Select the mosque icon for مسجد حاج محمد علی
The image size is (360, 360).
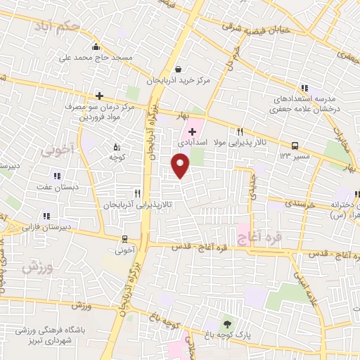105,46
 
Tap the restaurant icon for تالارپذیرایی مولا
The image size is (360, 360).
240,131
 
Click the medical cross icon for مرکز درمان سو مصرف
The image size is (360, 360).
99,96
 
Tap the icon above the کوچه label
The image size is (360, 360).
117,147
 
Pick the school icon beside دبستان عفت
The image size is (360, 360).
58,176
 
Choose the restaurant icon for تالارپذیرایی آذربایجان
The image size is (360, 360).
138,193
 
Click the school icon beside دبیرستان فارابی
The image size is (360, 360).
46,216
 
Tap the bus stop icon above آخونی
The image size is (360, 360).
124,239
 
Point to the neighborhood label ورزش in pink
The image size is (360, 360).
32,267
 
